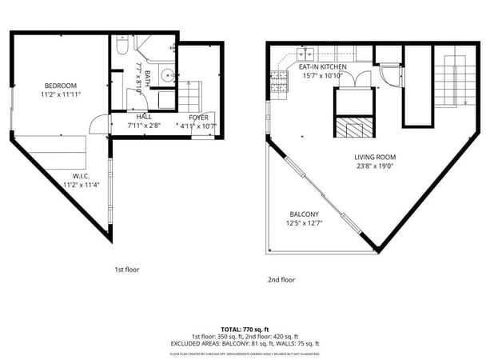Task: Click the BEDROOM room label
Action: (61, 86)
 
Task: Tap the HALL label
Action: (144, 117)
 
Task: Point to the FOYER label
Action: (199, 117)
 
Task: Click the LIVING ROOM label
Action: (375, 157)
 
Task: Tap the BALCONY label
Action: (304, 214)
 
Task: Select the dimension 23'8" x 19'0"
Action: (375, 166)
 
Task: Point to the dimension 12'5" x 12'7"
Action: (304, 223)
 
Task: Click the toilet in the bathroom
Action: (118, 47)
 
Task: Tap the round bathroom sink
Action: (165, 77)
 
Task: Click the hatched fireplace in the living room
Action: (353, 130)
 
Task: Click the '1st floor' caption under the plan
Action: (126, 270)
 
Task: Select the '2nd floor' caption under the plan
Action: (281, 280)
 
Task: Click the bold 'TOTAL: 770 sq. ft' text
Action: (245, 329)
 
